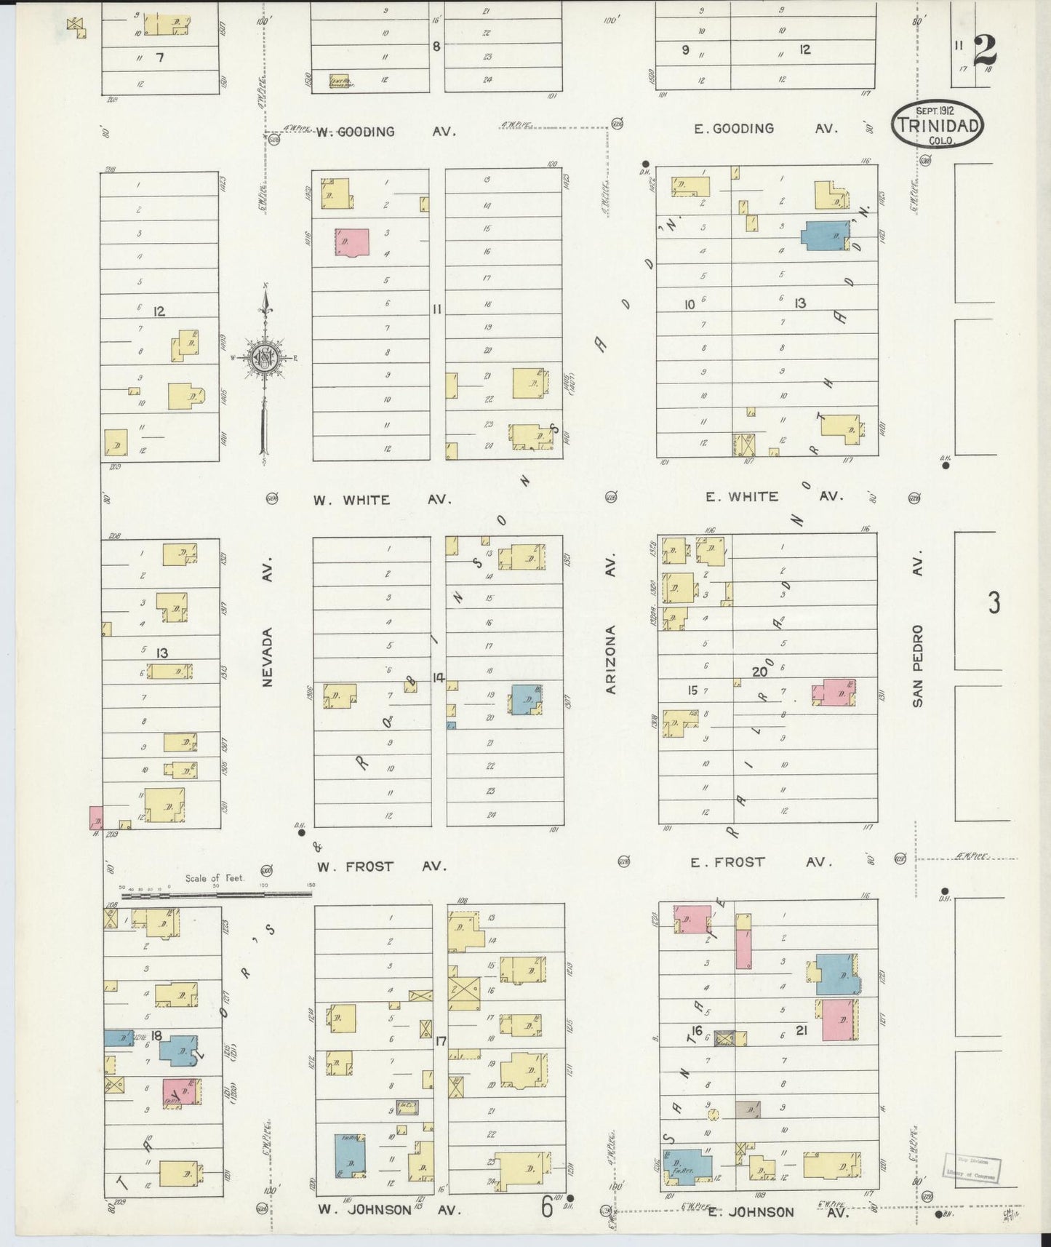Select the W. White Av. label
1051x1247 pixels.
pyautogui.click(x=382, y=500)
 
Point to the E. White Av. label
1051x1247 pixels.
pyautogui.click(x=773, y=496)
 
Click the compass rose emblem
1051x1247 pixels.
pyautogui.click(x=264, y=358)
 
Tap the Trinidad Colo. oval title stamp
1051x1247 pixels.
pyautogui.click(x=937, y=124)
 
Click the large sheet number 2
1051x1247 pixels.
pyautogui.click(x=984, y=50)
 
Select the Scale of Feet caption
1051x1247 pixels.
pyautogui.click(x=215, y=878)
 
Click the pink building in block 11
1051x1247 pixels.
pyautogui.click(x=352, y=242)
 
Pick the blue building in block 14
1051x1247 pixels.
pyautogui.click(x=526, y=700)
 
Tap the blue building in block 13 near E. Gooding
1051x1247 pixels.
pyautogui.click(x=826, y=236)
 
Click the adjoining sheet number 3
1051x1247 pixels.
pyautogui.click(x=994, y=603)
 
